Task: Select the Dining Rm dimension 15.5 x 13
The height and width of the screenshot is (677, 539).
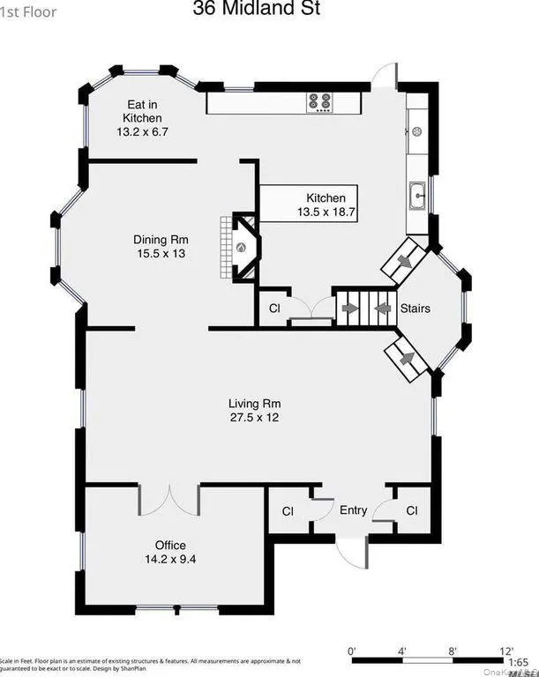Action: [x=161, y=254]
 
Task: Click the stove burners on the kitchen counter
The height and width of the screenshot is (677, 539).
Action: [x=319, y=102]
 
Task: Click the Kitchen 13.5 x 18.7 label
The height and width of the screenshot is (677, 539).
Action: [x=326, y=205]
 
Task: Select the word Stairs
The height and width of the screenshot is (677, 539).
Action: [x=415, y=309]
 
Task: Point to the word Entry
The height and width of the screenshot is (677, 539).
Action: [x=353, y=510]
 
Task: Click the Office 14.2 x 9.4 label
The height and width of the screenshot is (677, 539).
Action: [x=170, y=552]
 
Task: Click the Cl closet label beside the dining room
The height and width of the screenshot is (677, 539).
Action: [x=274, y=309]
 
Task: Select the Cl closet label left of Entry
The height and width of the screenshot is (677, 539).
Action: [x=288, y=510]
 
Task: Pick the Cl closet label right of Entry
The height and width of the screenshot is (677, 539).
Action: [x=412, y=510]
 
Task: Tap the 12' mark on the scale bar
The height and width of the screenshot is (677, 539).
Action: [x=505, y=651]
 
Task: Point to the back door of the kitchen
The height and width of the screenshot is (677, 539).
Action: [x=384, y=77]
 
